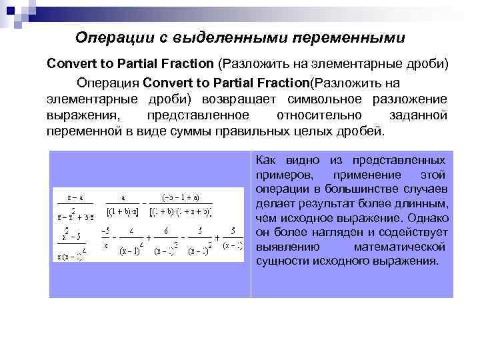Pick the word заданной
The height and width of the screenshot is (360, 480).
pyautogui.click(x=417, y=114)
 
